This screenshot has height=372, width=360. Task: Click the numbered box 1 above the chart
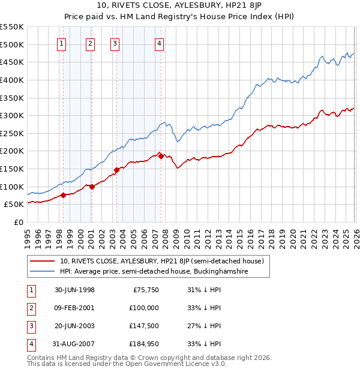click(x=63, y=43)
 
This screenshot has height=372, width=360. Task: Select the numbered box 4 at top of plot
click(x=159, y=43)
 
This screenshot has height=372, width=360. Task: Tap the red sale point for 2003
click(x=116, y=170)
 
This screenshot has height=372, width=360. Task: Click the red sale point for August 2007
click(x=161, y=157)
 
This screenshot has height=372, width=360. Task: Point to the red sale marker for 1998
click(x=63, y=195)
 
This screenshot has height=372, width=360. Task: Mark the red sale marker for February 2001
click(x=92, y=187)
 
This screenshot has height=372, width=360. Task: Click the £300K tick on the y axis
click(x=12, y=115)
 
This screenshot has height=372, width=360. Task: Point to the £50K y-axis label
click(x=14, y=205)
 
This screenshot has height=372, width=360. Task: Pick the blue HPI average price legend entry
click(x=154, y=272)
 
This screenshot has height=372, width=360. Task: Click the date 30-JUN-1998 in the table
click(x=74, y=290)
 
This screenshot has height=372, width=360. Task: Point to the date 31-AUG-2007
click(x=74, y=344)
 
